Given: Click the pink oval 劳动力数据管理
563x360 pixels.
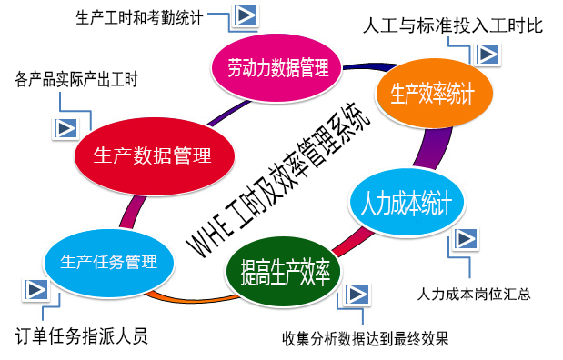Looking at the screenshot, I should [x=276, y=66].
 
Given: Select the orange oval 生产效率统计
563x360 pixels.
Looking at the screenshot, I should [x=436, y=93].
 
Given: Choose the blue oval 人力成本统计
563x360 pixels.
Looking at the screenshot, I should [x=401, y=202].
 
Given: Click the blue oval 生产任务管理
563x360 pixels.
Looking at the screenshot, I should [x=108, y=262].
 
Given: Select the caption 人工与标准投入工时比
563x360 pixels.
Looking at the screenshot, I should [x=452, y=25].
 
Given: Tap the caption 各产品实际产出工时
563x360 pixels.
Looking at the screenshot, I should [x=76, y=79].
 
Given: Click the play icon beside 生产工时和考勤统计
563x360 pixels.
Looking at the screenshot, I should [x=244, y=15].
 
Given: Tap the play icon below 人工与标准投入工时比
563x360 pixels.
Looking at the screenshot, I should [x=487, y=54].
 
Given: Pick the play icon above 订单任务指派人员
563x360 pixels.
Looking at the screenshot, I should [x=35, y=291].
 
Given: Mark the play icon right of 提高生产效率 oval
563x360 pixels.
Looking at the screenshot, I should [x=358, y=294].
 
